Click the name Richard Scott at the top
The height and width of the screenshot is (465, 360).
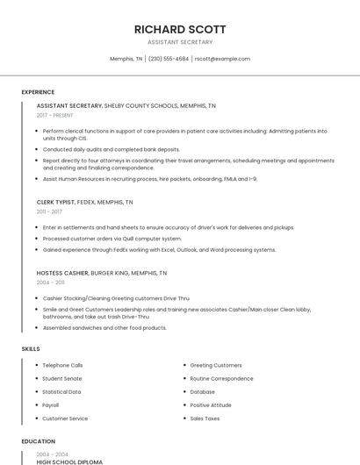click(180, 29)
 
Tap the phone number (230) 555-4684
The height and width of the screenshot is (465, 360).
click(169, 59)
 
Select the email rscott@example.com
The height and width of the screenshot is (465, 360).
click(222, 59)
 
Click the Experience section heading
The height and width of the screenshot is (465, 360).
click(38, 92)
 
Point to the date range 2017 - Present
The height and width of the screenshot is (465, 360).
click(55, 115)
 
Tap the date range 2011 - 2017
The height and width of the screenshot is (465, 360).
click(49, 211)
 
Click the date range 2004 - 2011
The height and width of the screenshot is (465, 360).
click(49, 283)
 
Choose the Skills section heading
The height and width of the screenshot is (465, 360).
click(31, 349)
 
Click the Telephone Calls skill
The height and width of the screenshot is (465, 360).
click(62, 365)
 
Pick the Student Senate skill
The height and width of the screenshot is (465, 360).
click(61, 378)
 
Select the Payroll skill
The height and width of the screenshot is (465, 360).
click(51, 405)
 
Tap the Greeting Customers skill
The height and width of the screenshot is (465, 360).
click(216, 365)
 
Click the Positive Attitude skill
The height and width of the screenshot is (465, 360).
click(211, 405)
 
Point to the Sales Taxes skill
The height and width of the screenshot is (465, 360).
click(205, 418)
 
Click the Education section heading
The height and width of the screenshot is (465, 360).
click(38, 441)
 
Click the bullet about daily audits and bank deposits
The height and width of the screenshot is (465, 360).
click(111, 149)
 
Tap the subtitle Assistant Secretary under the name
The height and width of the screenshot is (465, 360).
click(180, 42)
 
